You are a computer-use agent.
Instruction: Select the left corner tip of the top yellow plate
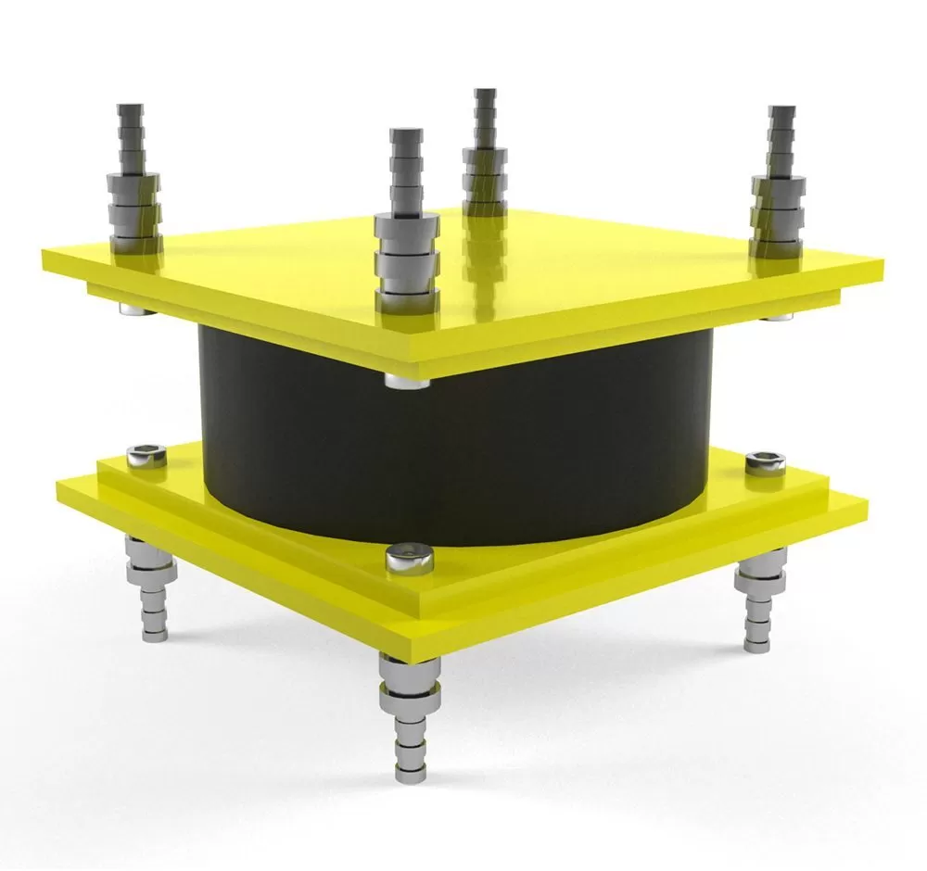click(x=43, y=251)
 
